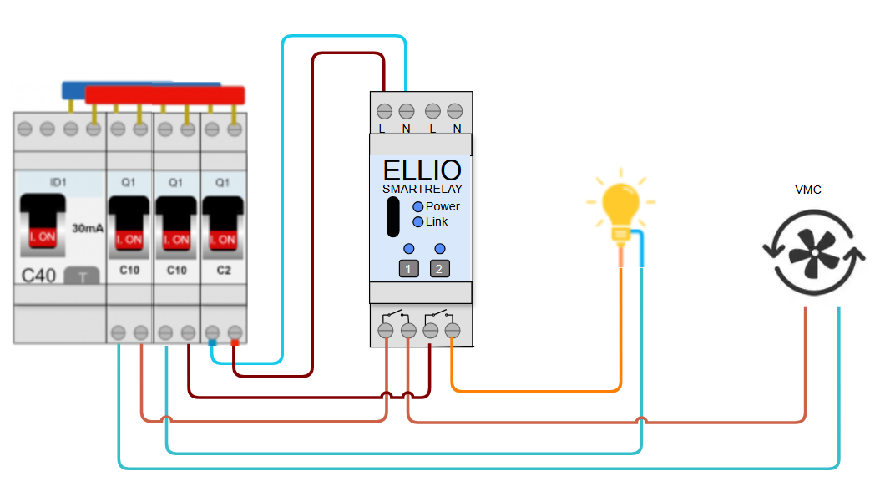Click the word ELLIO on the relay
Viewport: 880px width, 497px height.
tap(422, 170)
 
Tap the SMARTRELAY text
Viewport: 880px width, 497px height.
tap(422, 190)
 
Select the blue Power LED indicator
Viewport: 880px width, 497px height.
tap(418, 206)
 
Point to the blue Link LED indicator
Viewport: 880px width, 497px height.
tap(418, 221)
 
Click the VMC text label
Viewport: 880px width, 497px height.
tap(807, 190)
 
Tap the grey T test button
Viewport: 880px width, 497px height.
tap(82, 276)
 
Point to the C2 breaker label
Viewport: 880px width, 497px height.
tap(224, 271)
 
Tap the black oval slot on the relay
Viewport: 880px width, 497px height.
tap(392, 218)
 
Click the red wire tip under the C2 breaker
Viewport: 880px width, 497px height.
tap(235, 342)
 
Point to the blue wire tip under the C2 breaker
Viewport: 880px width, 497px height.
tap(213, 342)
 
